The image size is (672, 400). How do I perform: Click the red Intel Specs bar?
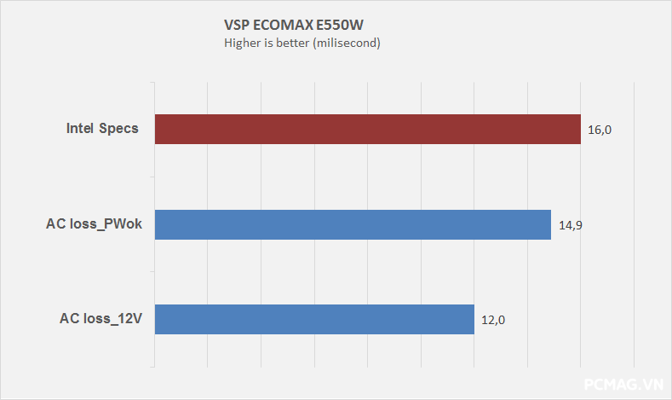tap(366, 130)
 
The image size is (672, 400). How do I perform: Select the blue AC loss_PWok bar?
tap(353, 225)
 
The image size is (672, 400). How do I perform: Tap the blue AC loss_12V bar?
tap(313, 320)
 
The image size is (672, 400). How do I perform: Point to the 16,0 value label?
tap(600, 130)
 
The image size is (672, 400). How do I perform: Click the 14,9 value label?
tap(571, 225)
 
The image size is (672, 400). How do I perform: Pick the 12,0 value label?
tap(494, 321)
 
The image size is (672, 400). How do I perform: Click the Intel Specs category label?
tap(102, 130)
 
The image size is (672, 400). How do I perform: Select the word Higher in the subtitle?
tap(242, 43)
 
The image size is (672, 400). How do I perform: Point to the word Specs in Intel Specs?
tap(121, 130)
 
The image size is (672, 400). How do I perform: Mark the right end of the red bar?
tap(578, 130)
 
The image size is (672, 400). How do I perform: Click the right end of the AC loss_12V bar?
tap(472, 320)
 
